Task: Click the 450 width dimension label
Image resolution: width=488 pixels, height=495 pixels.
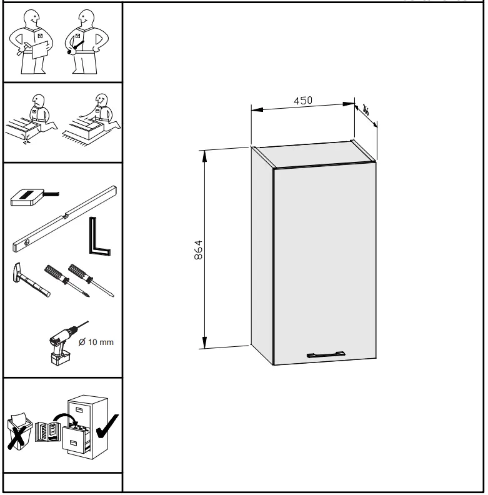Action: (x=303, y=100)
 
